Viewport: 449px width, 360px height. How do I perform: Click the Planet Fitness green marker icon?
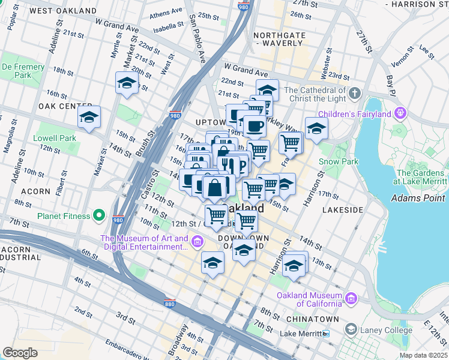point(100,216)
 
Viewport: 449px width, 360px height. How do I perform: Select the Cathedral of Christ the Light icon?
point(355,94)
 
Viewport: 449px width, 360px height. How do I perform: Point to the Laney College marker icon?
point(350,329)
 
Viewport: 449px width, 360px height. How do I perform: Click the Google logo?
point(20,353)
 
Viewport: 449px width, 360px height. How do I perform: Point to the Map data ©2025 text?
point(423,355)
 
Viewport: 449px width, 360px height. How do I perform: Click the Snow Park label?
point(338,161)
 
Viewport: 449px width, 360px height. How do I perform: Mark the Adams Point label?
point(418,198)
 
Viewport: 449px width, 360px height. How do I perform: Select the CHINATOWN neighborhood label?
point(313,319)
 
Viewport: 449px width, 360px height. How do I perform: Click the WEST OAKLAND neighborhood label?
point(63,11)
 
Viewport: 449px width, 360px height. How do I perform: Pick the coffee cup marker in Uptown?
point(255,127)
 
